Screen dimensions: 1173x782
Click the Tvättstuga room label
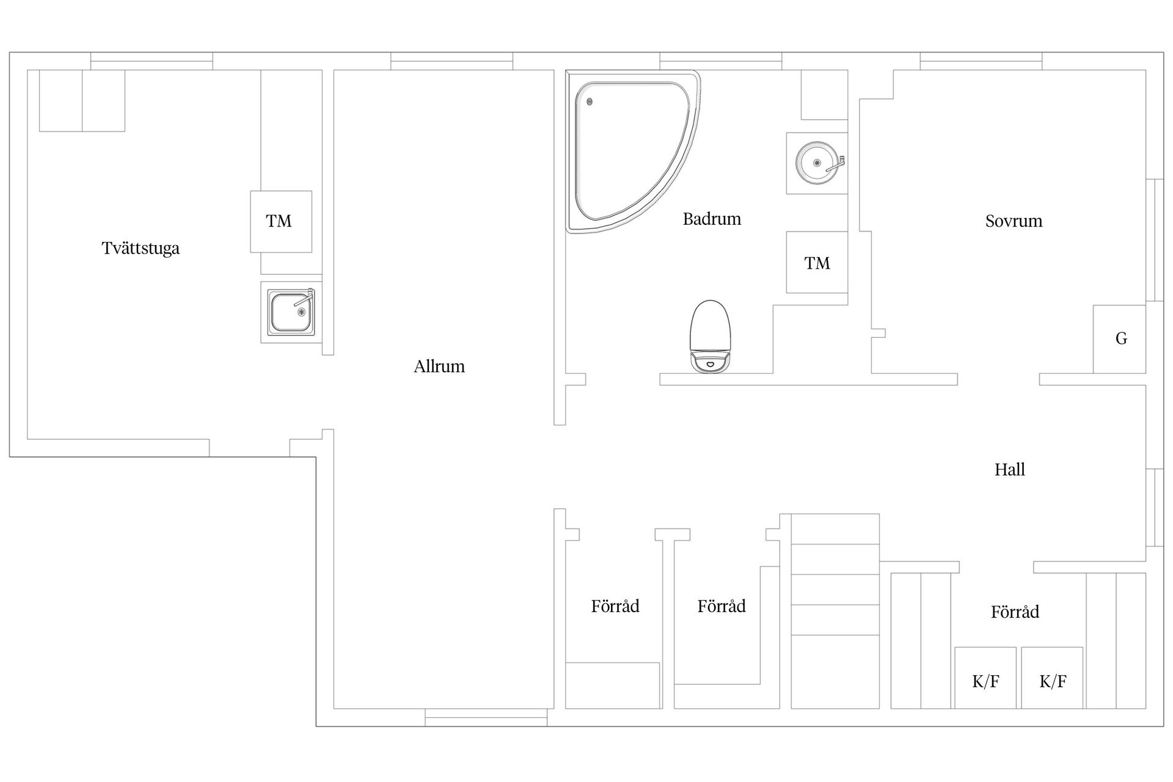(x=141, y=249)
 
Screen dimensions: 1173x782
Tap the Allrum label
(x=439, y=366)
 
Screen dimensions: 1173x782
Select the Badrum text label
(x=712, y=219)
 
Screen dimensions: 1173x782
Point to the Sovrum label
(x=1014, y=221)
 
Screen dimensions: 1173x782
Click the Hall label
(x=1009, y=469)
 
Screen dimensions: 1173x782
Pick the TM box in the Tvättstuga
(x=281, y=222)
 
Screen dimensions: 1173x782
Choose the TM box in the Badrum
(x=817, y=262)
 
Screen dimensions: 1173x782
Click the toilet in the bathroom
(x=710, y=337)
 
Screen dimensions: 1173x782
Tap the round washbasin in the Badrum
(x=817, y=163)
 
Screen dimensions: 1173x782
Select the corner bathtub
(x=633, y=151)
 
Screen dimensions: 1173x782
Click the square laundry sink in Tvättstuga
(x=292, y=312)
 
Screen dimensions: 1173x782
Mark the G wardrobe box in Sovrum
(x=1119, y=339)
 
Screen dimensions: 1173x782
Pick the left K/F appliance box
(x=985, y=678)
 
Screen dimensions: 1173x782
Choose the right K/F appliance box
(x=1052, y=678)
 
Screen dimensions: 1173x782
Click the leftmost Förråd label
(x=615, y=606)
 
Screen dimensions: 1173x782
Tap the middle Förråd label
(x=722, y=606)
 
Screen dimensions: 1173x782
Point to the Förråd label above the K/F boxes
(x=1015, y=612)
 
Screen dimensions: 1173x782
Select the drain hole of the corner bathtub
(x=590, y=102)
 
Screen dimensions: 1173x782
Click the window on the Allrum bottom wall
(x=486, y=718)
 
